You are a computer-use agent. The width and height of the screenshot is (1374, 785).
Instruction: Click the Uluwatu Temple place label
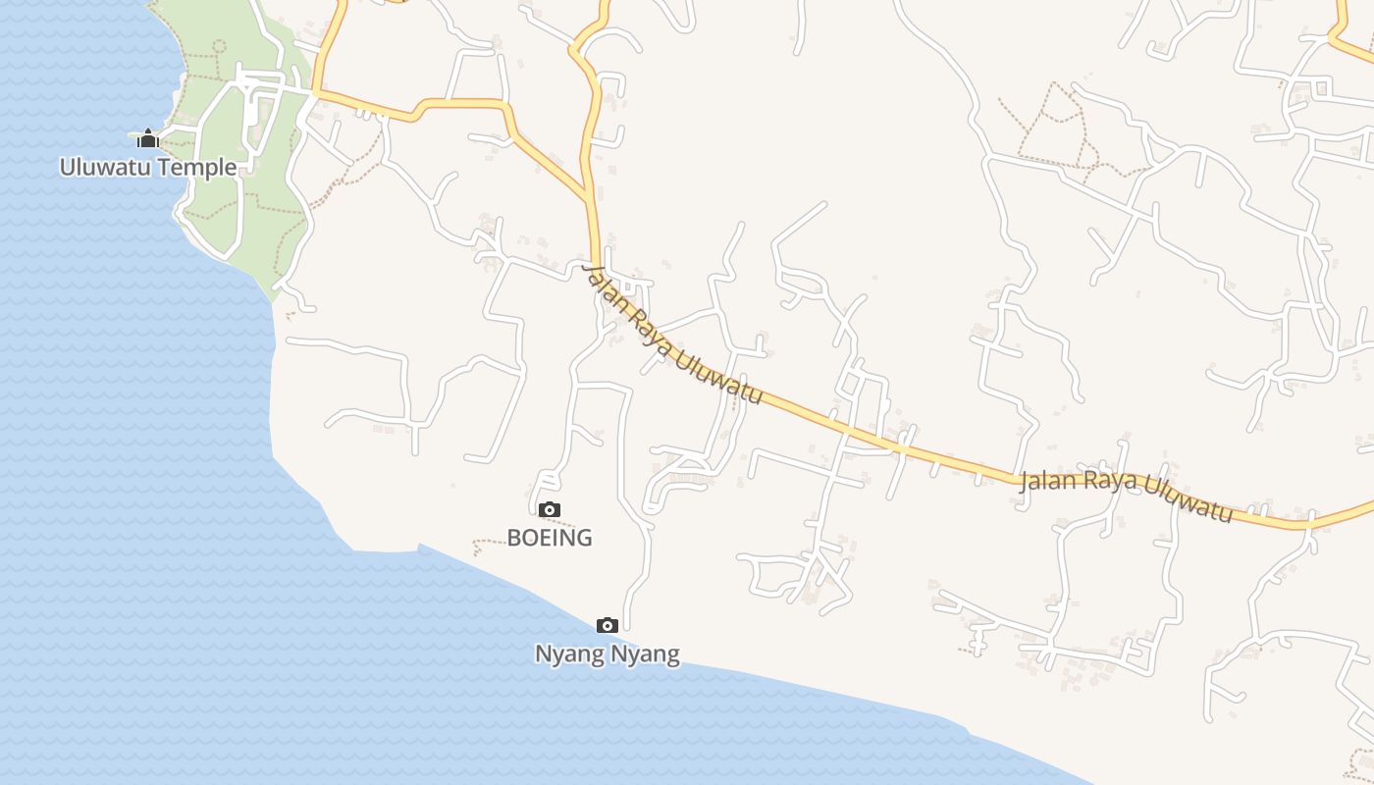pyautogui.click(x=148, y=167)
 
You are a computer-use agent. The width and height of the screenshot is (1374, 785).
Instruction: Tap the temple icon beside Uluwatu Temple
pyautogui.click(x=148, y=138)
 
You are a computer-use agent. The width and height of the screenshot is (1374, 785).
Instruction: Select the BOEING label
pyautogui.click(x=550, y=538)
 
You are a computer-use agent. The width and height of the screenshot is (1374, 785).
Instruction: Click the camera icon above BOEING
pyautogui.click(x=550, y=509)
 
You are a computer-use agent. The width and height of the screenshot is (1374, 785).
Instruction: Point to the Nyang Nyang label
pyautogui.click(x=607, y=654)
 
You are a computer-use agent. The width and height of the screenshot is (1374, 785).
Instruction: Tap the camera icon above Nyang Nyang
pyautogui.click(x=607, y=625)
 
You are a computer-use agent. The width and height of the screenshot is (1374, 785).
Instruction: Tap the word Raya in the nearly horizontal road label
pyautogui.click(x=1107, y=484)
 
